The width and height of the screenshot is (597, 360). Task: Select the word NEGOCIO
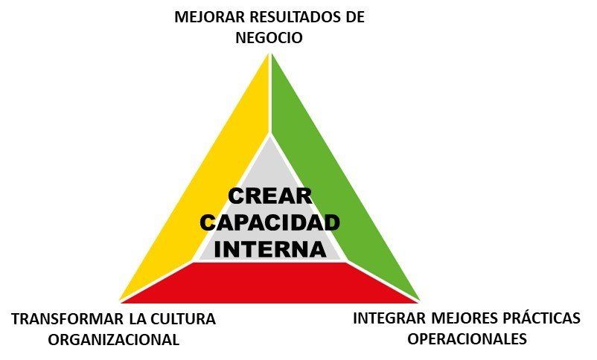[x=269, y=38]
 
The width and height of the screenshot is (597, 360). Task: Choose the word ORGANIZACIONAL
[x=113, y=339]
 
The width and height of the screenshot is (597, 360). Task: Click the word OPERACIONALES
[x=467, y=338]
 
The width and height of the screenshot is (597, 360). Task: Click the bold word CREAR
[x=270, y=196]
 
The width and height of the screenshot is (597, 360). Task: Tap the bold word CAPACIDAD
[x=269, y=222]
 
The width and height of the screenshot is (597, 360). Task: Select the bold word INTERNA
[x=270, y=249]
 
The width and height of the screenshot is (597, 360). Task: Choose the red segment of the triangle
[x=269, y=283]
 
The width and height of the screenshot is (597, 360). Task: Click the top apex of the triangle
[x=270, y=54]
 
